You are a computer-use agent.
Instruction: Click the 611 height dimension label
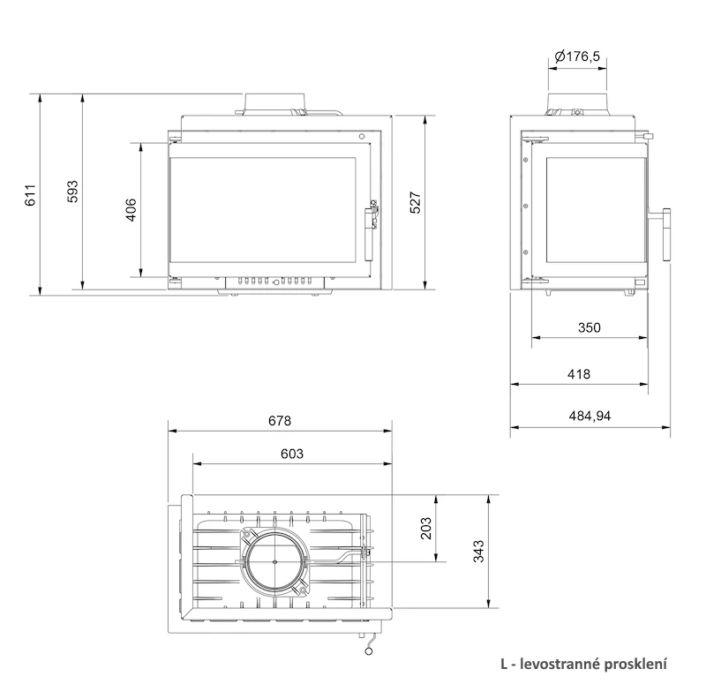30,195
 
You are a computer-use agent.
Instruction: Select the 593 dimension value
72,191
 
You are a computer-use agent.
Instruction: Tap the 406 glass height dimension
130,209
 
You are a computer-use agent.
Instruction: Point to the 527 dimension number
415,202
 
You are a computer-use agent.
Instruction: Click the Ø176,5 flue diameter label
578,56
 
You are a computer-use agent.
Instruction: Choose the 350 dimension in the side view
590,327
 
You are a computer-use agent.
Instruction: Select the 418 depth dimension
579,374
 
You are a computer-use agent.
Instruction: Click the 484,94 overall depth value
590,416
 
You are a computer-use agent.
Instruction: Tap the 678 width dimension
280,420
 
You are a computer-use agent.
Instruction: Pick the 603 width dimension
292,454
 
